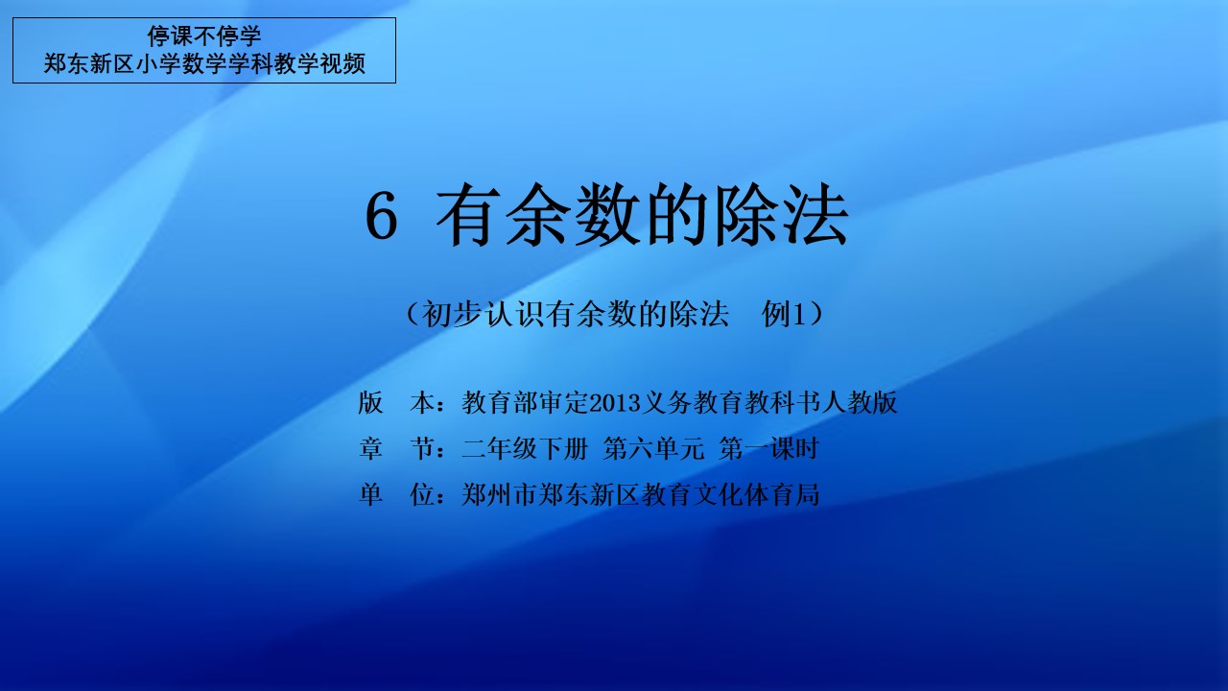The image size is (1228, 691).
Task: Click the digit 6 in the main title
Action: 381,218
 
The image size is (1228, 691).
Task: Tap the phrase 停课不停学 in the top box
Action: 204,36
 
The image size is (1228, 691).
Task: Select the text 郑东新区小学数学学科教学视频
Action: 204,64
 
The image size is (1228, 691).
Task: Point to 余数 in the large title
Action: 573,215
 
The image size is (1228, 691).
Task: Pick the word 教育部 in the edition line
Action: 501,402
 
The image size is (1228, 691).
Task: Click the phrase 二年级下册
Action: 525,448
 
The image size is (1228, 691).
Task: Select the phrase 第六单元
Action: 653,448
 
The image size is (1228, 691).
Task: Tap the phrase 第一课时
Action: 768,448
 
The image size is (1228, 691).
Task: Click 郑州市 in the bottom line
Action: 501,494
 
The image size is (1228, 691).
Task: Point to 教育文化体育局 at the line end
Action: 731,494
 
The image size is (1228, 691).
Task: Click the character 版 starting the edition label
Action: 370,402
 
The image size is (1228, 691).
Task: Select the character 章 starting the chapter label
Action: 370,448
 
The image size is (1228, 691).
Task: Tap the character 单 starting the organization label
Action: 370,494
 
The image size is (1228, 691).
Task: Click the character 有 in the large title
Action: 468,215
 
